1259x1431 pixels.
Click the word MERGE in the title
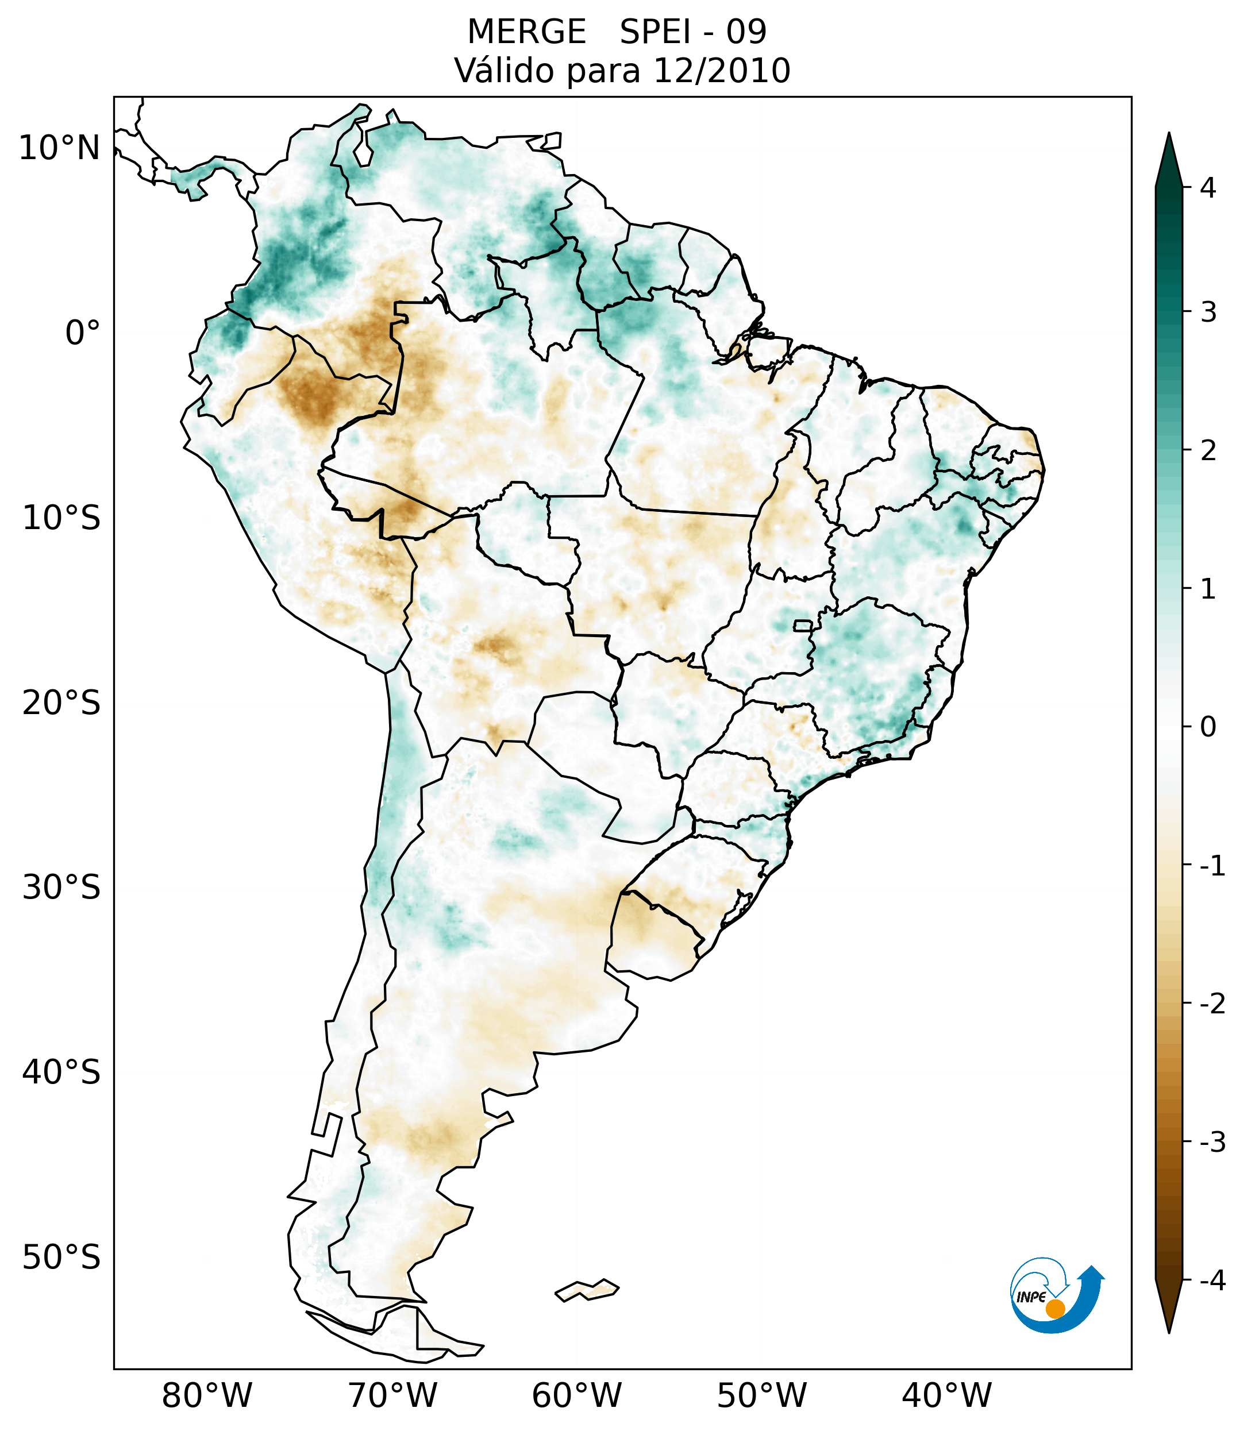click(x=526, y=32)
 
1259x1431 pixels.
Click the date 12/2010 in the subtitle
click(x=721, y=71)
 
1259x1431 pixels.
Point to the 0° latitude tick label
click(x=82, y=333)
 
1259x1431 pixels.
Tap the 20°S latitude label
click(x=61, y=703)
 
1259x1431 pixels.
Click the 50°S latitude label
click(x=61, y=1258)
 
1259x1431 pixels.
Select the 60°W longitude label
click(x=576, y=1396)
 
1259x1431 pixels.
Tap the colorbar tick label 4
click(x=1208, y=188)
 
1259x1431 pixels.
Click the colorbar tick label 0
click(x=1208, y=727)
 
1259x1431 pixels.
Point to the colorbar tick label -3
click(x=1212, y=1143)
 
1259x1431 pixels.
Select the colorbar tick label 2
click(x=1208, y=451)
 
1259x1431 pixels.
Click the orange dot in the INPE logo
click(x=1054, y=1309)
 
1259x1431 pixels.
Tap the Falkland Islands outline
click(x=587, y=1290)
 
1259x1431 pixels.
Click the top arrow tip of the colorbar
click(x=1169, y=134)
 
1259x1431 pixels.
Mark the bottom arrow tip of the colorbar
click(x=1169, y=1332)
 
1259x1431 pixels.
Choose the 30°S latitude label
click(x=61, y=888)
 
